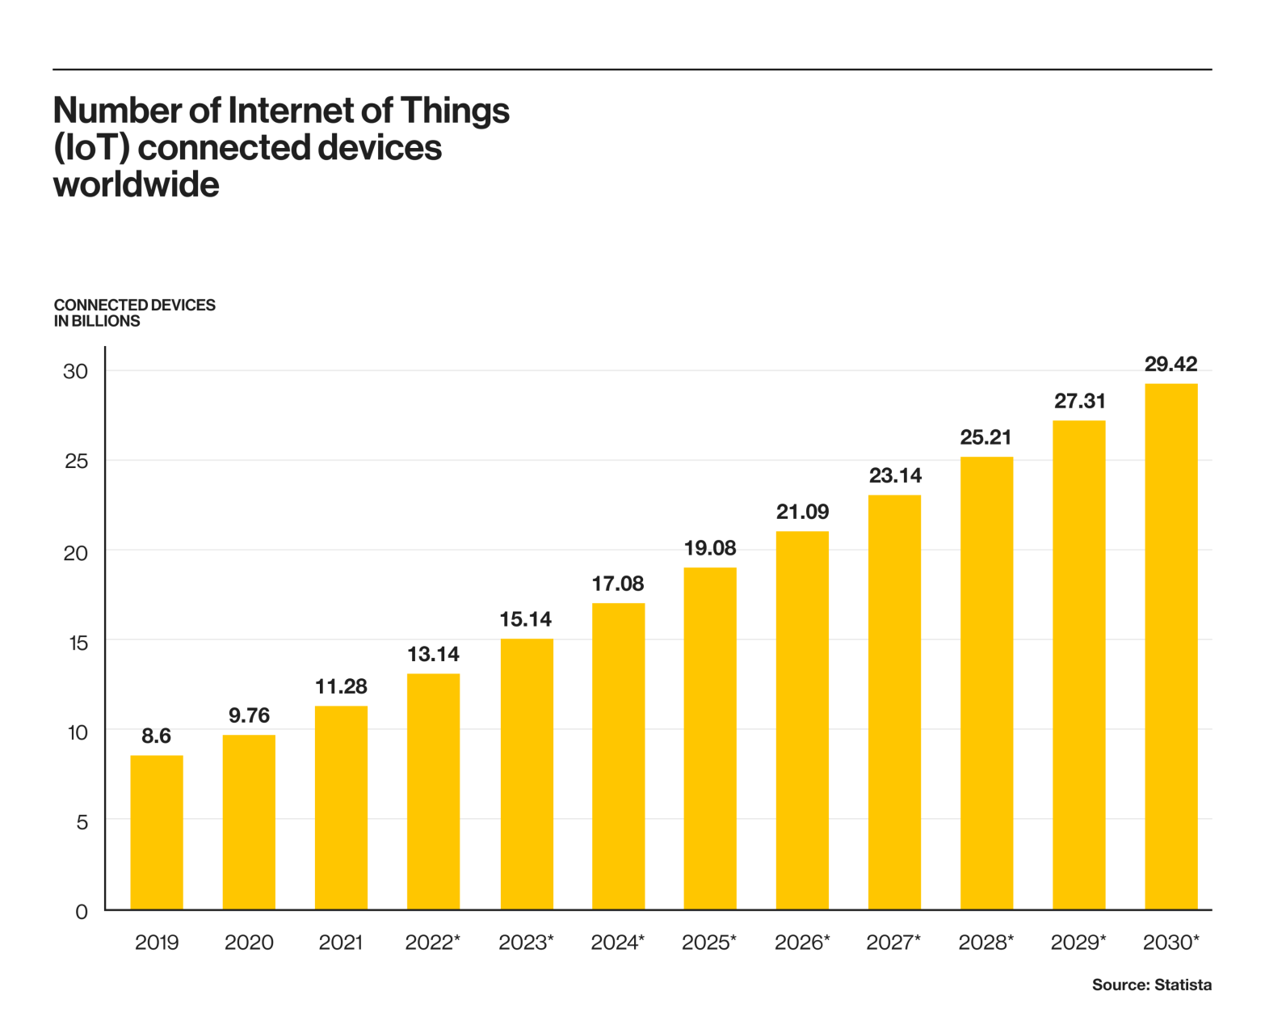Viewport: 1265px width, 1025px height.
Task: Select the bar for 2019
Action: [x=157, y=833]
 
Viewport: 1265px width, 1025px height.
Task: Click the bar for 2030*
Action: [x=1171, y=647]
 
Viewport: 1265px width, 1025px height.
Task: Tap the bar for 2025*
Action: [x=710, y=739]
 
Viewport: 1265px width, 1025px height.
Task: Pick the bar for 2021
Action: [x=341, y=808]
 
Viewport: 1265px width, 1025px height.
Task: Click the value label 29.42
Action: [x=1170, y=365]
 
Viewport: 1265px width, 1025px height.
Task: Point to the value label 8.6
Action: [x=157, y=736]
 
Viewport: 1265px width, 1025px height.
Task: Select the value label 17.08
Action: [x=618, y=584]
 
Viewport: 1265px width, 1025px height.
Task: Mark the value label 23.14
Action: [x=895, y=475]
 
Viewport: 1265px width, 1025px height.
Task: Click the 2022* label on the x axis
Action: [x=432, y=943]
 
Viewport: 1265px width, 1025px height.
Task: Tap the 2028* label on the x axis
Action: [x=986, y=943]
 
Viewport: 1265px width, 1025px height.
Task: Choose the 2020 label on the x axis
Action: [x=249, y=943]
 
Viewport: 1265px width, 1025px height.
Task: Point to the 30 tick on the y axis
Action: [x=75, y=372]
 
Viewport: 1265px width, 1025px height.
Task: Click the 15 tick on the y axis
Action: [x=78, y=643]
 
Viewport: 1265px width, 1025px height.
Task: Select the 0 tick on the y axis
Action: [x=82, y=912]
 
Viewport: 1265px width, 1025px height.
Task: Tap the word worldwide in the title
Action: [x=137, y=185]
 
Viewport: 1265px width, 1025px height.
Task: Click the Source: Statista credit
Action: [x=1151, y=985]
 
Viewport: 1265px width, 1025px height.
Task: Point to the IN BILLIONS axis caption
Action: [x=97, y=321]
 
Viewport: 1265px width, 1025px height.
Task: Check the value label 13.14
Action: [x=433, y=654]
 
